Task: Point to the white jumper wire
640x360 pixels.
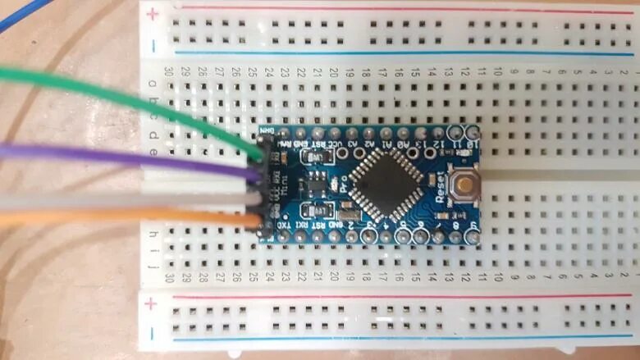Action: click(x=123, y=199)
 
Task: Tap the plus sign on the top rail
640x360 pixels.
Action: click(x=152, y=12)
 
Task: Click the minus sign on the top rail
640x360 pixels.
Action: click(x=152, y=45)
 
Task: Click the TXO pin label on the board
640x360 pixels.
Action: click(x=282, y=224)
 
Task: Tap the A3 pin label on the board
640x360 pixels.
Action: click(x=353, y=144)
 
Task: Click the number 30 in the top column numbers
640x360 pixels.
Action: click(x=169, y=72)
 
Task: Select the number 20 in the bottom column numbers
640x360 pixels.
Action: click(x=334, y=278)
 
